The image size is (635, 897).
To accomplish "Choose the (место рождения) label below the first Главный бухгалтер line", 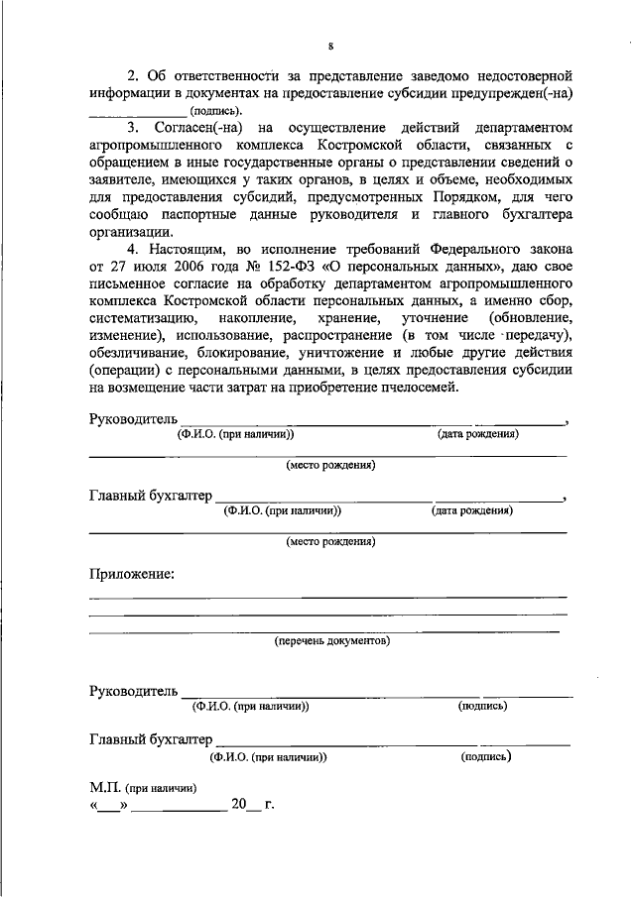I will click(330, 542).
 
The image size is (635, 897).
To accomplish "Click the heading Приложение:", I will click(131, 573).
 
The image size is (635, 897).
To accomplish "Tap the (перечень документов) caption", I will click(331, 641).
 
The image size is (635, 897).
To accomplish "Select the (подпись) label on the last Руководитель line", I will click(483, 706).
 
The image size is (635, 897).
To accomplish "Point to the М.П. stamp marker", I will click(105, 788).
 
